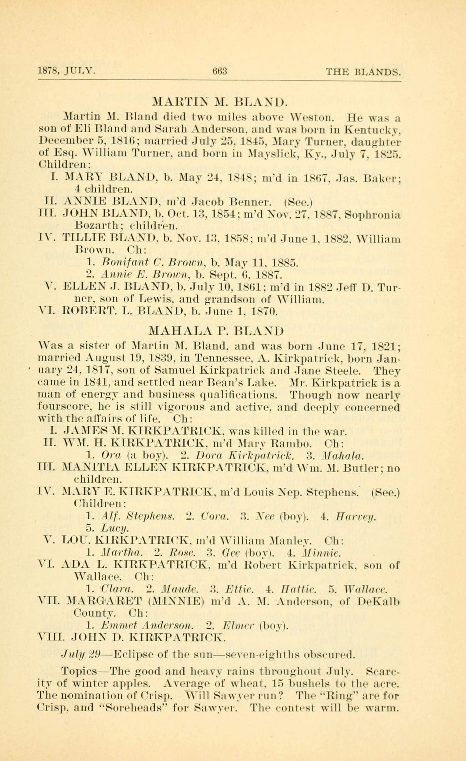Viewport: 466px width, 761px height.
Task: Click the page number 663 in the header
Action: click(x=219, y=72)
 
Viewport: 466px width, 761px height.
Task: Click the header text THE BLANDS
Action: click(x=364, y=72)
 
